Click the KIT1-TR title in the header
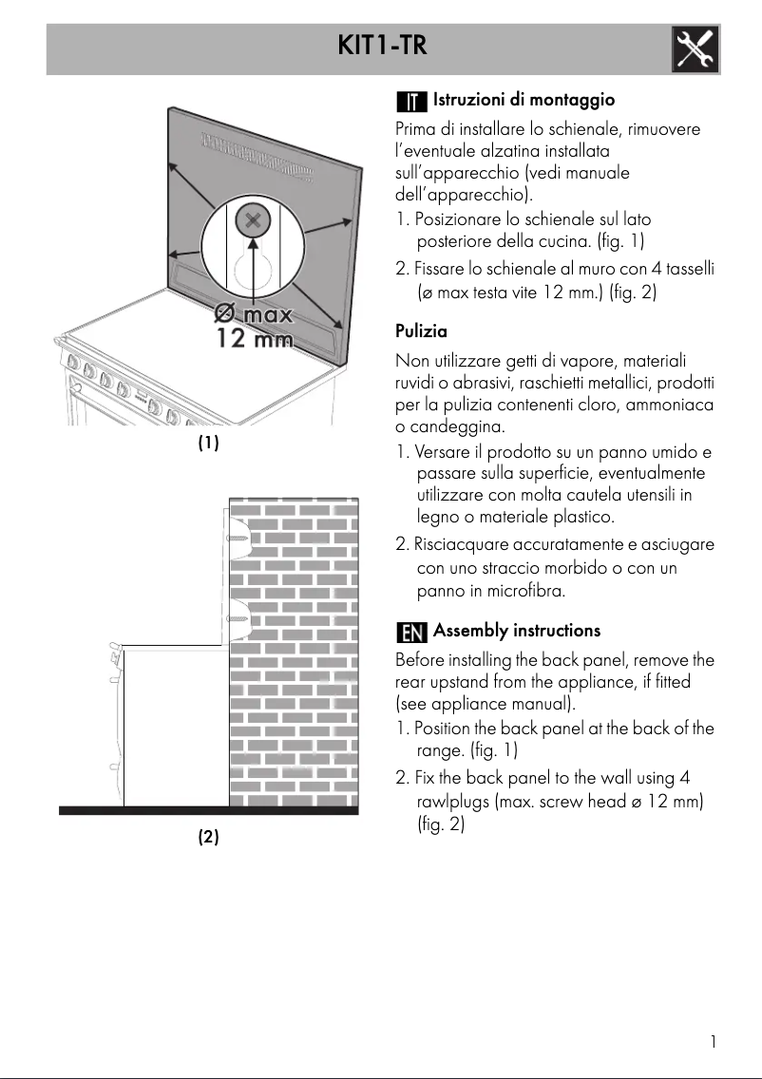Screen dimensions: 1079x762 click(380, 45)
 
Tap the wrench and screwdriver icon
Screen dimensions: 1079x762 click(695, 48)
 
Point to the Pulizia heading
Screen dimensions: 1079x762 click(421, 331)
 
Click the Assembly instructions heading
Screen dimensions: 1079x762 click(517, 631)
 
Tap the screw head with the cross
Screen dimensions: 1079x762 click(253, 221)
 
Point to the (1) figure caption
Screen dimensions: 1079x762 click(208, 443)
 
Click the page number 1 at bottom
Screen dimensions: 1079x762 click(713, 1041)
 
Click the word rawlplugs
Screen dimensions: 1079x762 click(455, 803)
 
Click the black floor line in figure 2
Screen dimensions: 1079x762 click(208, 810)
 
